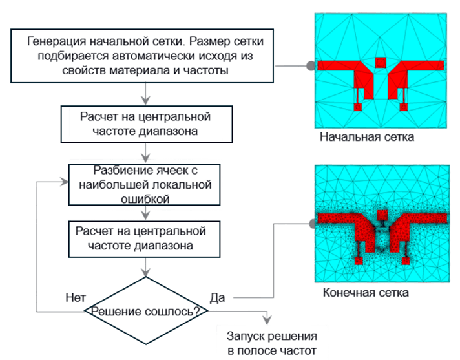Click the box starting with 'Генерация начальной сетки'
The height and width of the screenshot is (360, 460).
tap(145, 56)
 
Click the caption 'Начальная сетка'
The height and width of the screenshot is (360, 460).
tap(366, 138)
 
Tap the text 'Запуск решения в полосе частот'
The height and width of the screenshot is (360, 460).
tap(271, 343)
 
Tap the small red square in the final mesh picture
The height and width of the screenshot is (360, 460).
tap(381, 215)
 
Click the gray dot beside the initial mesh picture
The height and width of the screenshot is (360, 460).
tap(310, 65)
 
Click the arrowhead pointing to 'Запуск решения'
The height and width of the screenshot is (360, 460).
tap(266, 316)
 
